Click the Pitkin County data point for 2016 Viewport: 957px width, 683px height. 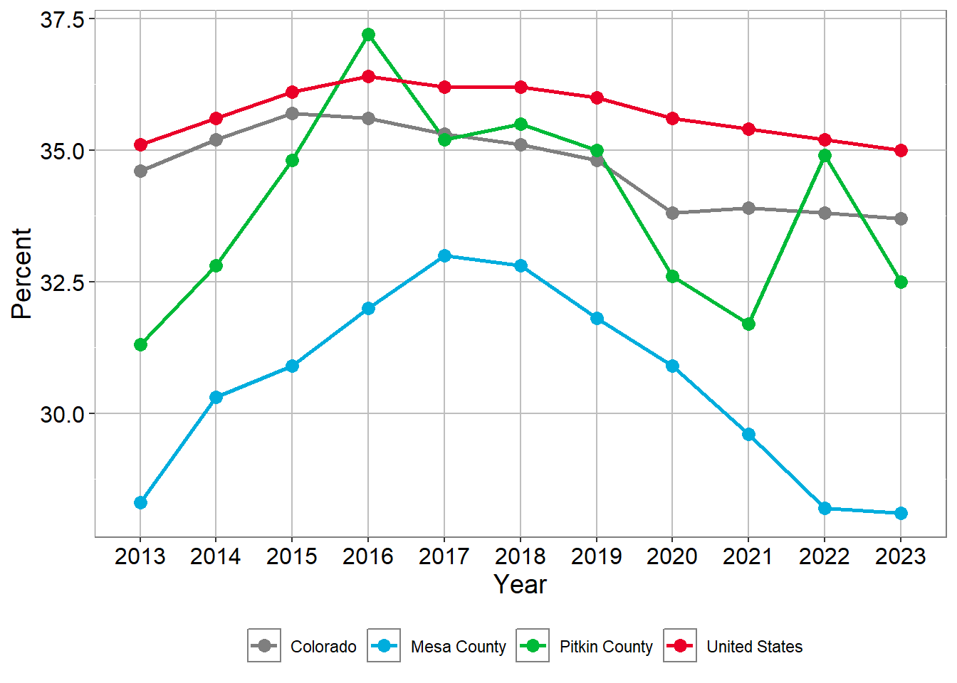click(x=368, y=35)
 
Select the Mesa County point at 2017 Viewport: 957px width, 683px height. click(x=444, y=255)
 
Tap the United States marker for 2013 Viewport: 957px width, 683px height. click(x=140, y=145)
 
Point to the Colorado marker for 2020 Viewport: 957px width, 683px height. click(x=672, y=213)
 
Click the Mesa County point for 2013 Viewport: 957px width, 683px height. click(x=140, y=503)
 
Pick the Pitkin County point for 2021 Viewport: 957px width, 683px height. click(x=748, y=324)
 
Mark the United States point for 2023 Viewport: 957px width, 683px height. click(x=901, y=150)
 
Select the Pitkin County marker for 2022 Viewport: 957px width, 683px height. click(x=825, y=156)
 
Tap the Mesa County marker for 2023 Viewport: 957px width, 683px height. click(x=901, y=513)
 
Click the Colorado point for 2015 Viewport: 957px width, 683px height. click(x=292, y=113)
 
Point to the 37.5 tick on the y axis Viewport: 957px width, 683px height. click(x=62, y=20)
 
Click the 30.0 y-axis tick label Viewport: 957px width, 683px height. click(x=62, y=414)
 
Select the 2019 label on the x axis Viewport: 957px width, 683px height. click(x=597, y=556)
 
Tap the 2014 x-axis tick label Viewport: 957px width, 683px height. click(x=216, y=556)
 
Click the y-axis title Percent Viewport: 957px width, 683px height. click(x=22, y=273)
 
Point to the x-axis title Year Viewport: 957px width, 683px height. click(x=520, y=585)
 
